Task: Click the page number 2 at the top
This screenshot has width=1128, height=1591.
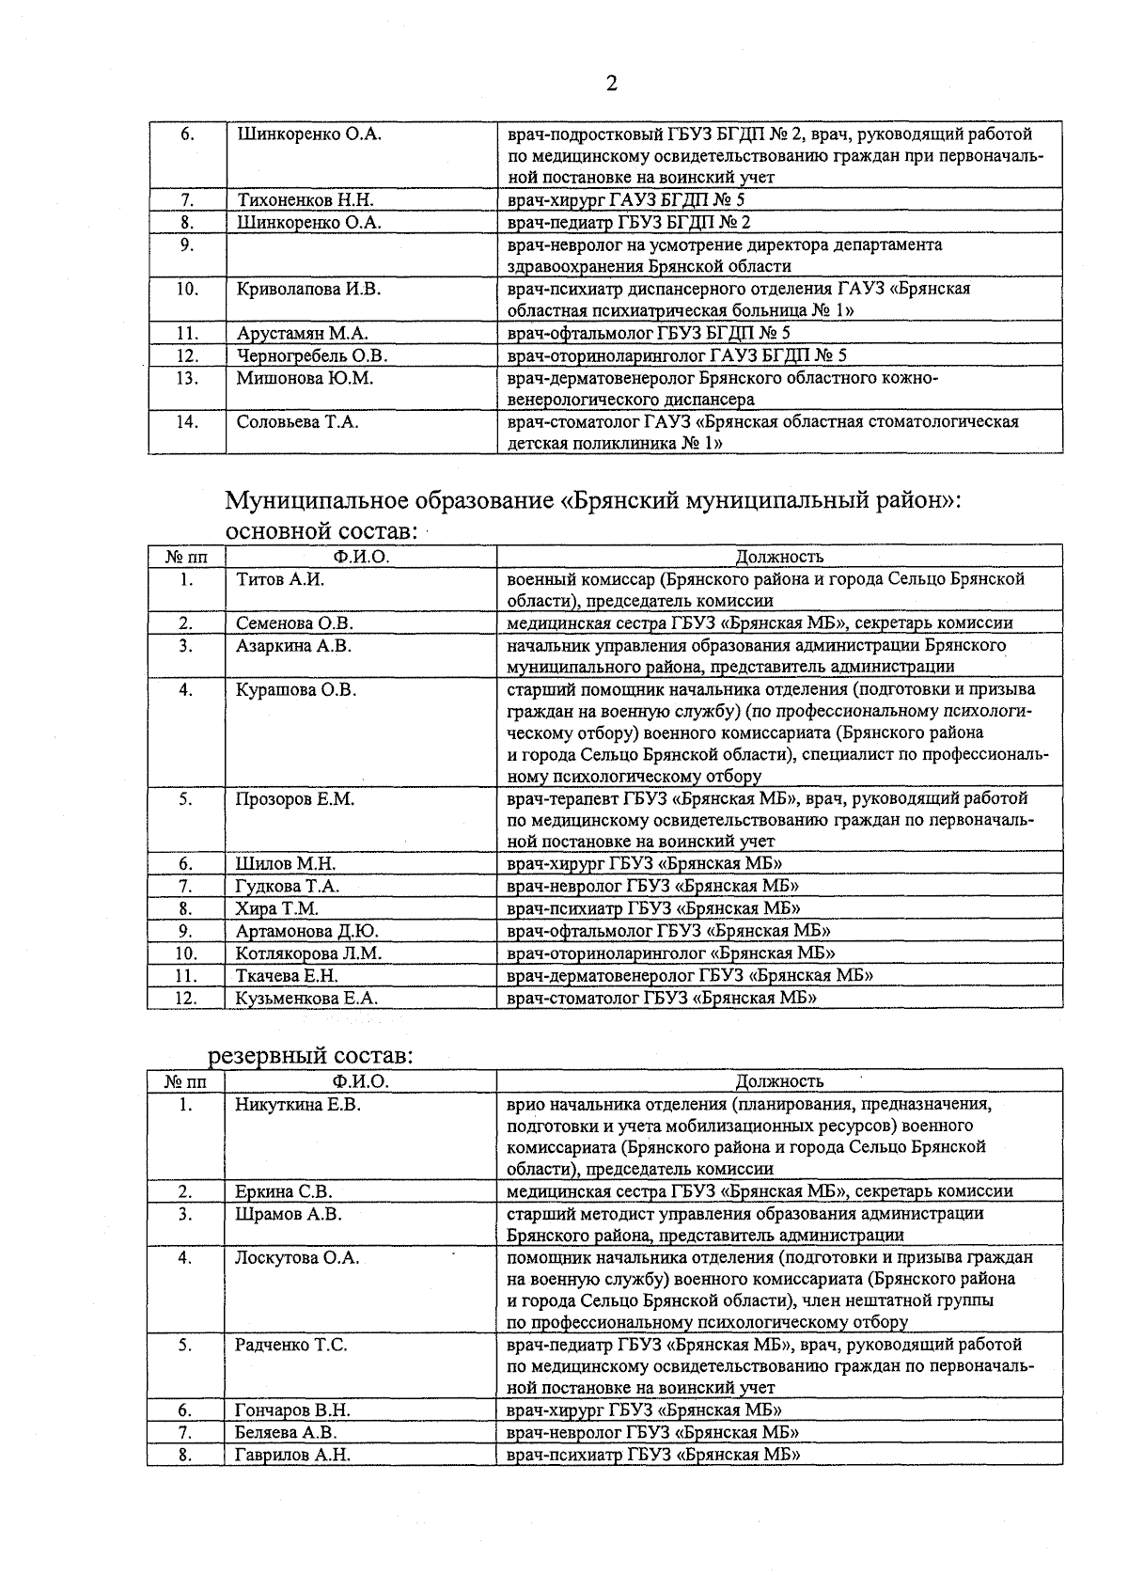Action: tap(611, 85)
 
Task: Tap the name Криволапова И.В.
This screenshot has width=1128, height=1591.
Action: tap(308, 289)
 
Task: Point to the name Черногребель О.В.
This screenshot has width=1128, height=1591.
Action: tap(312, 355)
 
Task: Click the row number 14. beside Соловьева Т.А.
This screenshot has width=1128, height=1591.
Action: tap(187, 422)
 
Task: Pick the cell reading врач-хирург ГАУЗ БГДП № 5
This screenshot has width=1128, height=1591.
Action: tap(626, 200)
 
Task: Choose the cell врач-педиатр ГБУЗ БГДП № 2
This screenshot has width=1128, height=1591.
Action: tap(629, 223)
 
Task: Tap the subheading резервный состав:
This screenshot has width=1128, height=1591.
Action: tap(310, 1056)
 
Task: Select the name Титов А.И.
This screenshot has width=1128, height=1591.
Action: tap(280, 579)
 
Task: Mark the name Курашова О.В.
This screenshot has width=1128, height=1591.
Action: tap(296, 690)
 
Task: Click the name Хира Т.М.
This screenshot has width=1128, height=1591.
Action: tap(277, 909)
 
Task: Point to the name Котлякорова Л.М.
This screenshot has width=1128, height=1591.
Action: tap(309, 953)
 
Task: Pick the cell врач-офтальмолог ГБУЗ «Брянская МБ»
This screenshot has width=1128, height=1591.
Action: tap(668, 931)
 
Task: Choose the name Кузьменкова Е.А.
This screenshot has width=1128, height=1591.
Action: tap(306, 999)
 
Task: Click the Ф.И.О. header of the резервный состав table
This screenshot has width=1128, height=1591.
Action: tap(360, 1081)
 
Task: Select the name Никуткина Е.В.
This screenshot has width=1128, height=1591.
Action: tap(298, 1105)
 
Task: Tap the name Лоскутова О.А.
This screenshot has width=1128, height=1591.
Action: tap(293, 1258)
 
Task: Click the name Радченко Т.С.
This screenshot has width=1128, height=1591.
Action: tap(291, 1346)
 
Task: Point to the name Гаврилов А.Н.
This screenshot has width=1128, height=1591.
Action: tap(292, 1456)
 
